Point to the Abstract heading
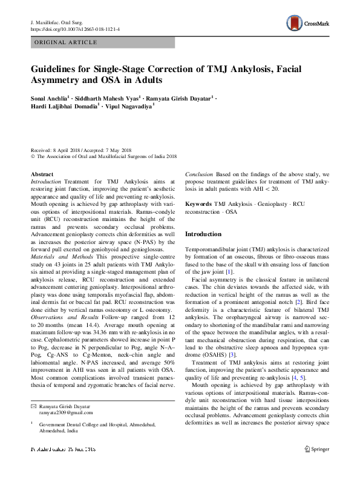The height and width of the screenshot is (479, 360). point(42,174)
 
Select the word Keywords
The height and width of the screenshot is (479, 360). point(198,205)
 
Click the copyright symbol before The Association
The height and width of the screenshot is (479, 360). point(33,156)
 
